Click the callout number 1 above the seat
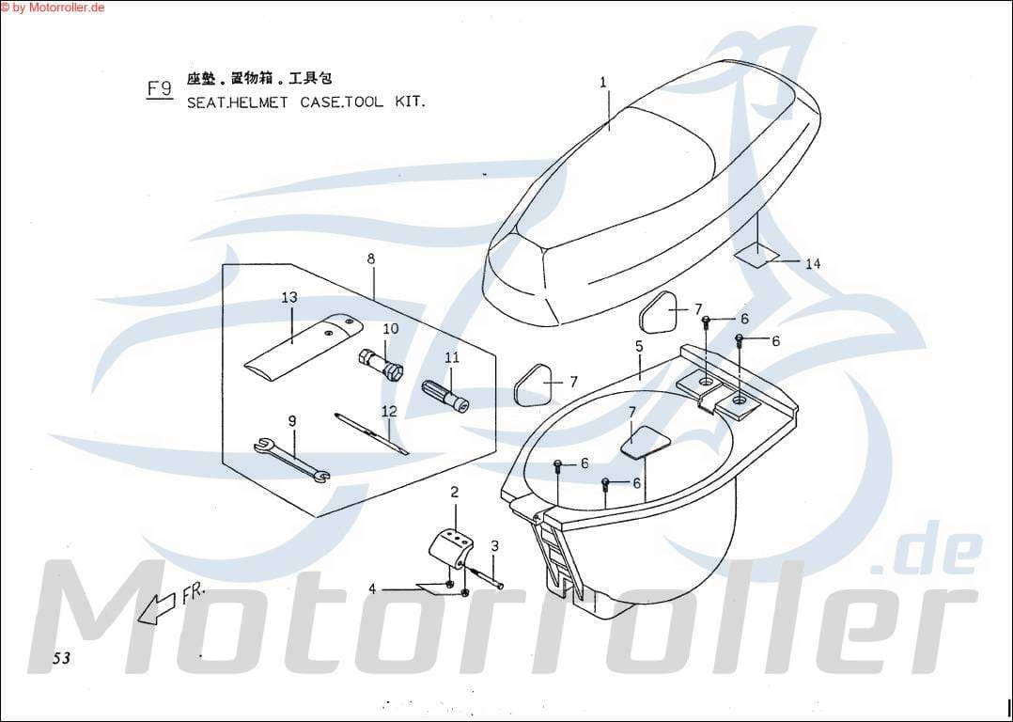pos(602,82)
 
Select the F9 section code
pos(160,88)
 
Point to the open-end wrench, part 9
pos(292,461)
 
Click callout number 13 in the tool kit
pos(289,297)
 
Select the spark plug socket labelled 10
pos(382,365)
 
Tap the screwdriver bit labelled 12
pos(372,433)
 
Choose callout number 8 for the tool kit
pos(371,259)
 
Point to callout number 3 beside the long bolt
pos(495,546)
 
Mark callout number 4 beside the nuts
pos(372,589)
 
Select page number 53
pos(61,658)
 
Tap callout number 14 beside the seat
pos(813,264)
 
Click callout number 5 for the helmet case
pos(639,347)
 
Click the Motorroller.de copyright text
pos(53,7)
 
